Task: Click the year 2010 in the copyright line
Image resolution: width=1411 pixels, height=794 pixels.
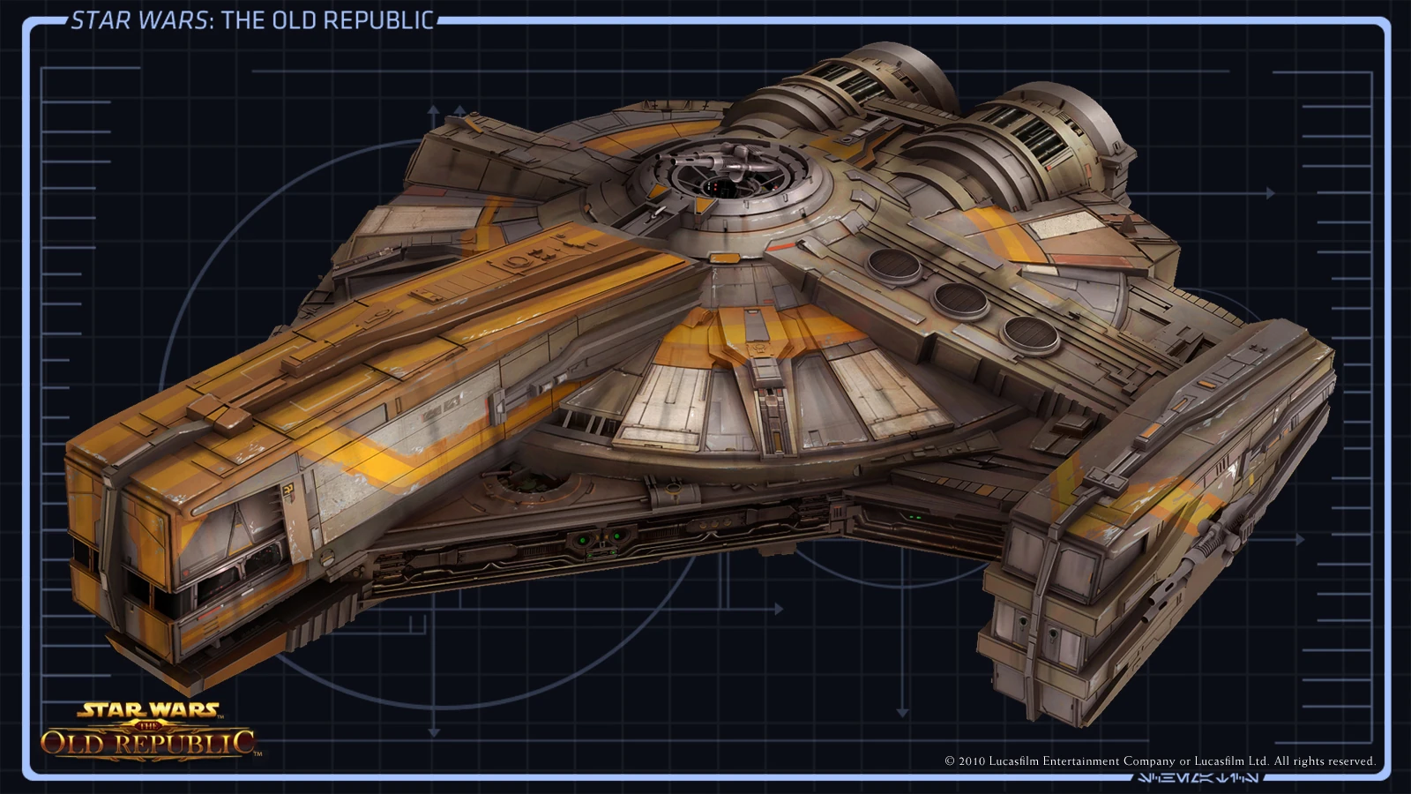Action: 972,761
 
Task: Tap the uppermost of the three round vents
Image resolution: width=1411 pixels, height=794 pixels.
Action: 893,264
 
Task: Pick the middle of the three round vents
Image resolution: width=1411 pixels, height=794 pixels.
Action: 960,300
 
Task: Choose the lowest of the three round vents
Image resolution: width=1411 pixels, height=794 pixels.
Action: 1030,334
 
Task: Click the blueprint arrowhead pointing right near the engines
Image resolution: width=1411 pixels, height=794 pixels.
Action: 1270,193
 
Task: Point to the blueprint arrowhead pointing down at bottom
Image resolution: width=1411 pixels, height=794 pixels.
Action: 902,712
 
